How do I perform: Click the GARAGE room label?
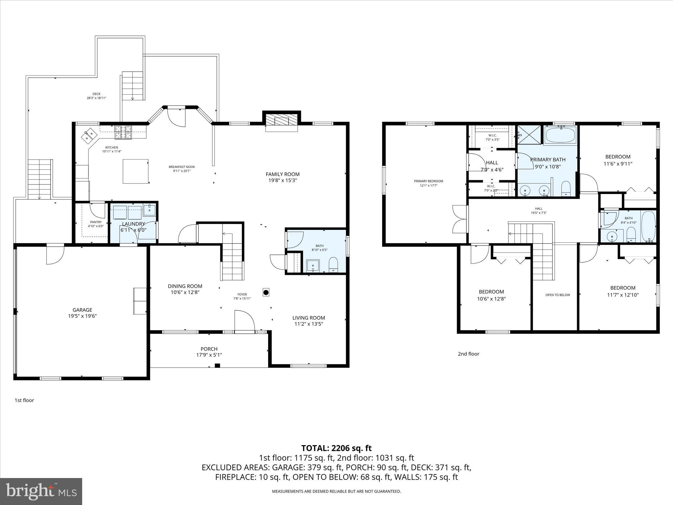pos(82,310)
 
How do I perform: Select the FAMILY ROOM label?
pos(283,174)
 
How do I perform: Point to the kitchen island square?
pos(135,171)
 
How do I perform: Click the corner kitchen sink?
pos(90,136)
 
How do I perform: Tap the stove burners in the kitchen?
pos(123,132)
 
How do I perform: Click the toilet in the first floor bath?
pos(333,265)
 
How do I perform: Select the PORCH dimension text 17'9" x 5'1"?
pos(209,355)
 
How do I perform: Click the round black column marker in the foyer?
pos(266,292)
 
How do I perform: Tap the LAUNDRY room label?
pos(133,224)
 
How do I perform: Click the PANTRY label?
pos(96,222)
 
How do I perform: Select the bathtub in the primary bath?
pos(560,135)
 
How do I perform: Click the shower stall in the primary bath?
pos(529,134)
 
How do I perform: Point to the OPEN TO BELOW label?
pos(558,295)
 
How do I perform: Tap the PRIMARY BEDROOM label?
pos(429,181)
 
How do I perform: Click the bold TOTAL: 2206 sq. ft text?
pos(336,448)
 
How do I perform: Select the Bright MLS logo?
pos(41,492)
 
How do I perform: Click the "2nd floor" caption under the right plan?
pos(468,354)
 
